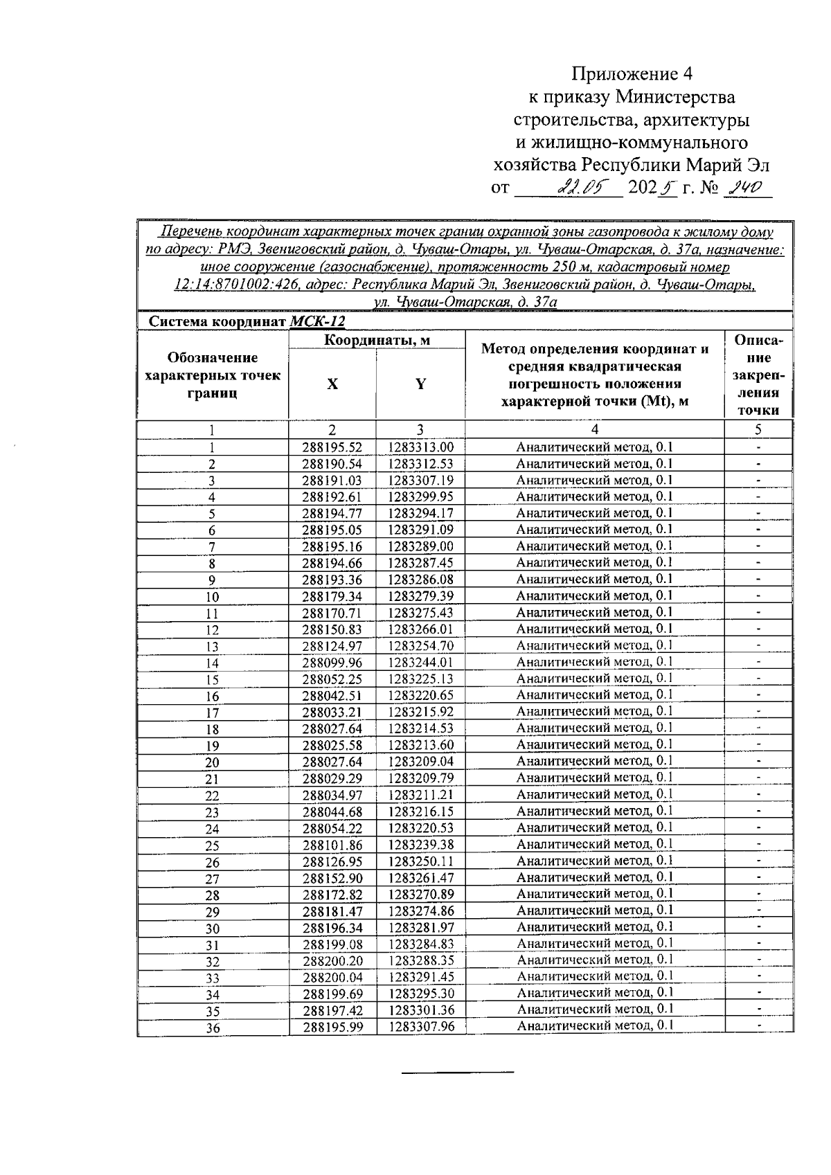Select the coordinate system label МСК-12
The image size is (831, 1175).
[317, 322]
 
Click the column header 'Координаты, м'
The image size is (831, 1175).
[377, 340]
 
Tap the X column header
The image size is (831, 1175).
[332, 384]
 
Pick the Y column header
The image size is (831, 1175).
[420, 384]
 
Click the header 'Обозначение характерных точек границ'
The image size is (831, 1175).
[213, 375]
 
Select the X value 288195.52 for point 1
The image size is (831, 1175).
[332, 448]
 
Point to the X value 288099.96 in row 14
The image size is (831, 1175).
[332, 663]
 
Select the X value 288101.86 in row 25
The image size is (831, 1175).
[332, 845]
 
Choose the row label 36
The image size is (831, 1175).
[213, 1028]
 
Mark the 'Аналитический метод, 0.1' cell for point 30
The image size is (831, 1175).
[595, 927]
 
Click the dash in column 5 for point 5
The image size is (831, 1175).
[758, 514]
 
